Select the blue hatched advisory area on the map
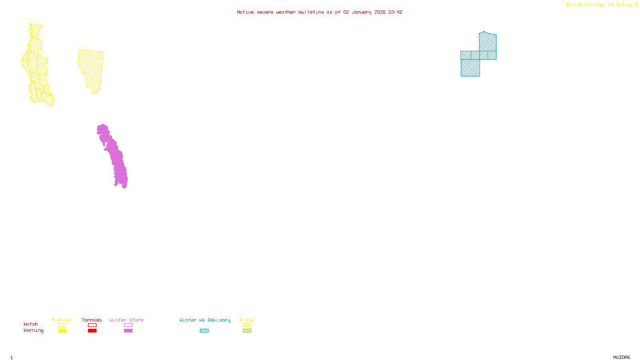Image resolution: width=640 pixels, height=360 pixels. [x=470, y=67]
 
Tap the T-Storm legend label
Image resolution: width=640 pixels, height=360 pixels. [x=62, y=320]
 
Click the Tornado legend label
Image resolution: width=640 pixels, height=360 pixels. [x=92, y=320]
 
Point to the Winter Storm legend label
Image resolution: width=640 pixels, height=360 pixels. [x=126, y=320]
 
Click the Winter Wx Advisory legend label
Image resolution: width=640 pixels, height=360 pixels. [x=205, y=320]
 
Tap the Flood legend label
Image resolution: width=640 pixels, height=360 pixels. [x=247, y=320]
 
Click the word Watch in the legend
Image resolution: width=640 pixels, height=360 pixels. [x=31, y=324]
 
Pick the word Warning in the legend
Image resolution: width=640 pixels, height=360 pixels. [x=34, y=330]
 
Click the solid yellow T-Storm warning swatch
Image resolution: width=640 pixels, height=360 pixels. [x=62, y=331]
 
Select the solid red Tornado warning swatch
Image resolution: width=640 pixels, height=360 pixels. [x=92, y=331]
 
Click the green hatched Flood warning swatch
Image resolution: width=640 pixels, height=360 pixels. [x=247, y=331]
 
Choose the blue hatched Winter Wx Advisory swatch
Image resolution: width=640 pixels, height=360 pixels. [x=204, y=331]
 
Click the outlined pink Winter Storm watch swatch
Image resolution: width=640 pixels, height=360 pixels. [x=128, y=325]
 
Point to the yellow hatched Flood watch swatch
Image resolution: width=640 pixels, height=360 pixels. [x=247, y=325]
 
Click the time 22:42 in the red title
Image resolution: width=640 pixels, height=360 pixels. [x=395, y=12]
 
